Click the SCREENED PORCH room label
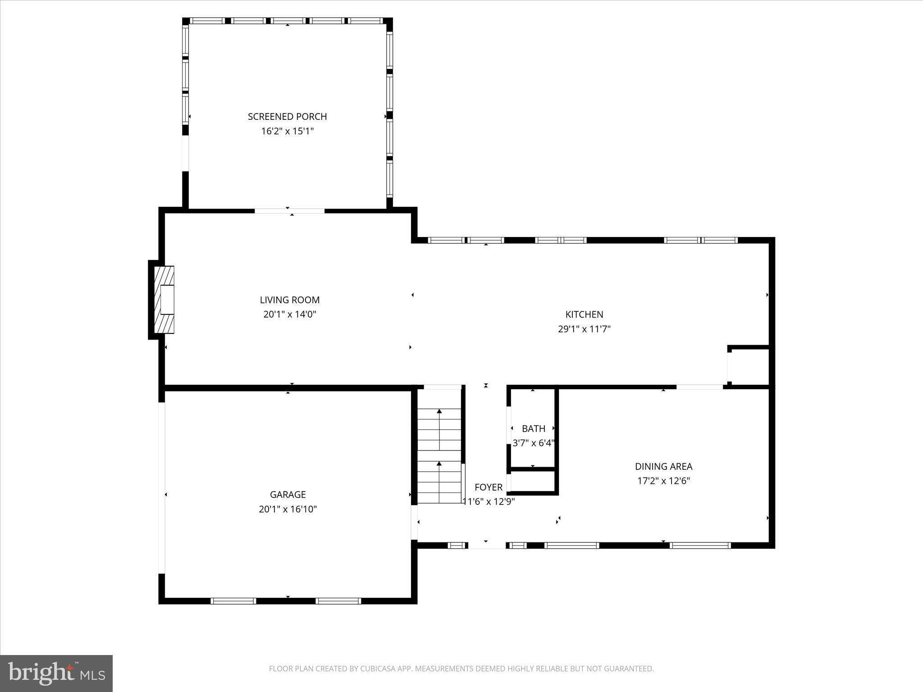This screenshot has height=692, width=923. [287, 117]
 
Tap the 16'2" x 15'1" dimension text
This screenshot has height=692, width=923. [287, 132]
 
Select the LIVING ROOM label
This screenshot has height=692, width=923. [289, 300]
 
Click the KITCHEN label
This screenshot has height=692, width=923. [584, 314]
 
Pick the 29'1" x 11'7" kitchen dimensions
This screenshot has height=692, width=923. [584, 329]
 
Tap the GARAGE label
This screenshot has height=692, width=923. [288, 495]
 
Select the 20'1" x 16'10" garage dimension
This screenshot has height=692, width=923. [288, 510]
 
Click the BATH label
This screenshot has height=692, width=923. [534, 429]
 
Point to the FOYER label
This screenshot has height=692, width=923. [489, 487]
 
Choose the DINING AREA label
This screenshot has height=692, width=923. [663, 467]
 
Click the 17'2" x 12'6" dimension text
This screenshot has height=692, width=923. [663, 481]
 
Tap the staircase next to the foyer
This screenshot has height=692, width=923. [439, 455]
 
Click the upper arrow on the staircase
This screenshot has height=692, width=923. [439, 411]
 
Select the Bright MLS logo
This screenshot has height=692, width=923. [56, 674]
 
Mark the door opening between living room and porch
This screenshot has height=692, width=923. [289, 211]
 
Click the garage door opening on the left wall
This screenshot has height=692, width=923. [161, 488]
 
